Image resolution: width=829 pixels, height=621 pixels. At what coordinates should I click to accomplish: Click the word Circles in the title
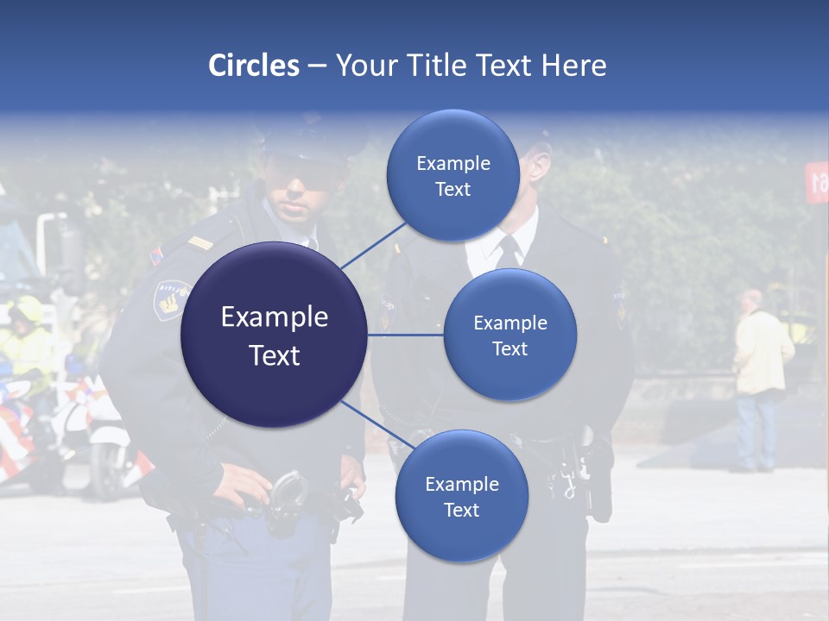pyautogui.click(x=253, y=66)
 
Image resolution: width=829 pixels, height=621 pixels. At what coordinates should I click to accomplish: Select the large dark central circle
pyautogui.click(x=274, y=335)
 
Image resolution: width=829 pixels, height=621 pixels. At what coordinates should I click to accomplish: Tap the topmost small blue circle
pyautogui.click(x=452, y=175)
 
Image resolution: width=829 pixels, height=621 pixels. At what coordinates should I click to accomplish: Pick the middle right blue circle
pyautogui.click(x=509, y=335)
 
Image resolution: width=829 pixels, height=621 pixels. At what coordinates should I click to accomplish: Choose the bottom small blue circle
pyautogui.click(x=461, y=496)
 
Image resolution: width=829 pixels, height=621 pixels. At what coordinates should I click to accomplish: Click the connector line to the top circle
pyautogui.click(x=373, y=245)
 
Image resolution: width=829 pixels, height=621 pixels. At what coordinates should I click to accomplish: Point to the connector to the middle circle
pyautogui.click(x=405, y=335)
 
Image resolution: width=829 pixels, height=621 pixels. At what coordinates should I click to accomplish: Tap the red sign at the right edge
pyautogui.click(x=817, y=181)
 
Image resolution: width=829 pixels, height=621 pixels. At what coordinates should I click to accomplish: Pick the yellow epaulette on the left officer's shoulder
pyautogui.click(x=200, y=244)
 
